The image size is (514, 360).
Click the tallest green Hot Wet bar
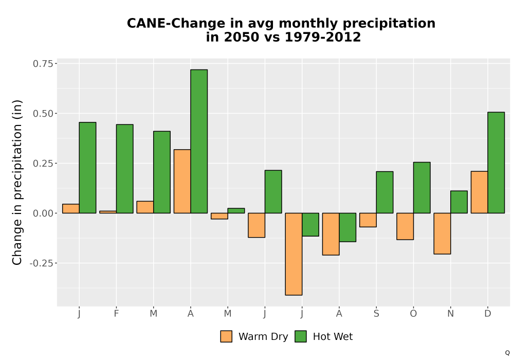click(x=199, y=141)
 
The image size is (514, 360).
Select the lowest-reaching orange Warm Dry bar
click(x=293, y=254)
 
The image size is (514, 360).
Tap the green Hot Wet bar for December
click(x=496, y=163)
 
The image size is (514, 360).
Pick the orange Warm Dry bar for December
click(x=479, y=192)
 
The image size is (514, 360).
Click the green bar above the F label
click(x=124, y=169)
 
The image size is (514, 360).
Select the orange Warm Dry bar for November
click(x=442, y=233)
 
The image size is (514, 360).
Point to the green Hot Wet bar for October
click(x=422, y=188)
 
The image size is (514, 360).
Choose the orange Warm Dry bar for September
click(x=368, y=220)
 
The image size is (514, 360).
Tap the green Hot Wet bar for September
click(x=385, y=192)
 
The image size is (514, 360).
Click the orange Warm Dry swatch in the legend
click(x=226, y=336)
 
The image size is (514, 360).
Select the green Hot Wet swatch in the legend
click(x=301, y=336)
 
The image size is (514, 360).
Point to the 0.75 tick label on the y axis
click(x=43, y=64)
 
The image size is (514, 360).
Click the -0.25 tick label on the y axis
click(x=41, y=263)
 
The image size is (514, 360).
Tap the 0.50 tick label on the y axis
click(x=43, y=114)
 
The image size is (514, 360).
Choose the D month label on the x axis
click(x=488, y=314)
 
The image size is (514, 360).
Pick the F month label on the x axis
click(x=116, y=314)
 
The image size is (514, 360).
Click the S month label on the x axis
click(x=376, y=314)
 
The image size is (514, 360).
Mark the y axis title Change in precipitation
click(x=17, y=182)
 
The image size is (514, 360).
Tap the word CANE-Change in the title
click(x=176, y=24)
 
